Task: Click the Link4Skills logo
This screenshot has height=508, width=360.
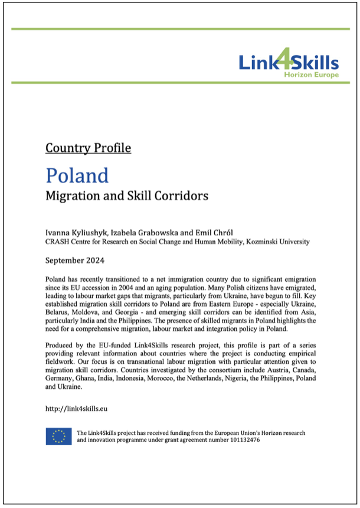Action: (x=289, y=62)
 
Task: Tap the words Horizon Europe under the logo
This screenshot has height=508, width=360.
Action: (x=311, y=75)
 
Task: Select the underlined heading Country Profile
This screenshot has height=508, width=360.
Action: (x=88, y=148)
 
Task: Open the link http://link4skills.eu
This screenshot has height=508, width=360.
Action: (x=76, y=408)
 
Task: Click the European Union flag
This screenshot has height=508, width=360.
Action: (x=59, y=437)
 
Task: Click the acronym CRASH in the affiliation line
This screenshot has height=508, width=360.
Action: (x=57, y=241)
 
